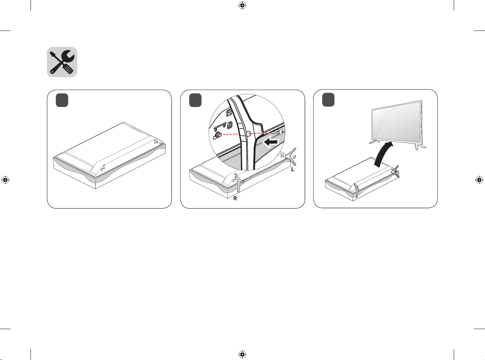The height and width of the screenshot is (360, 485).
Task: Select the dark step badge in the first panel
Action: [62, 100]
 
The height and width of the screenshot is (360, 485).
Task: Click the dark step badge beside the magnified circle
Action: [195, 100]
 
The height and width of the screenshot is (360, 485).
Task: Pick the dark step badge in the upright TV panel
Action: [328, 100]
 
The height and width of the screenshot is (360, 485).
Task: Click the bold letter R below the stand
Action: [235, 198]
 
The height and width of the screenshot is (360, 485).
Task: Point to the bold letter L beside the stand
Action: [292, 169]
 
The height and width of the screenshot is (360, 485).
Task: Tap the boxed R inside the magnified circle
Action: [229, 113]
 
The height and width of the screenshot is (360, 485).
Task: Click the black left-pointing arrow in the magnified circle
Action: [271, 142]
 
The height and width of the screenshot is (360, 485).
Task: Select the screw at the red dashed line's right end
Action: [278, 132]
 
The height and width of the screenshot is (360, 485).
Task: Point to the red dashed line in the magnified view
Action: [245, 134]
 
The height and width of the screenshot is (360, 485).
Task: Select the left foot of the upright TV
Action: [374, 142]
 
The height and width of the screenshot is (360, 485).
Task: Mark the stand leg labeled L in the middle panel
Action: [292, 157]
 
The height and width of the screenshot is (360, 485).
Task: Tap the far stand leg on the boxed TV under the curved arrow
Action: [395, 172]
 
